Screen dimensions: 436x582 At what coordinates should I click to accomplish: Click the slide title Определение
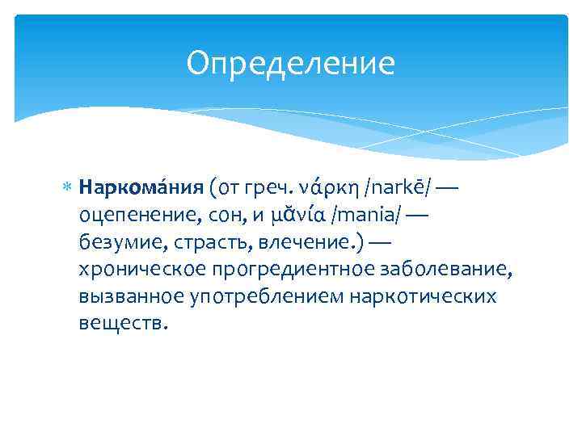pyautogui.click(x=290, y=63)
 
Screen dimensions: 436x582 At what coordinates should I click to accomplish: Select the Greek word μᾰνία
pyautogui.click(x=308, y=216)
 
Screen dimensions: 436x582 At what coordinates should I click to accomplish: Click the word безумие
pyautogui.click(x=117, y=242)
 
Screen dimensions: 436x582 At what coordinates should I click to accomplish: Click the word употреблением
pyautogui.click(x=260, y=296)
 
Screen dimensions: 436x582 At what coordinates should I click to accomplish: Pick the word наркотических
pyautogui.click(x=423, y=296)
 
